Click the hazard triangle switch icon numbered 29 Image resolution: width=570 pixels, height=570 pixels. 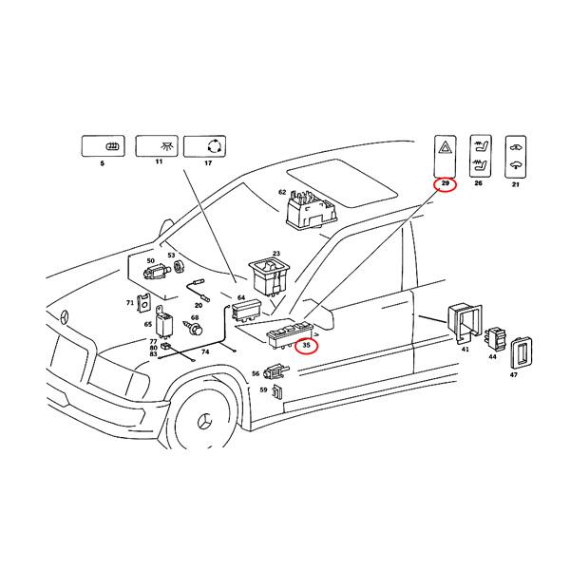pos(446,152)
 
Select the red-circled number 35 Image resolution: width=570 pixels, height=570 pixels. pos(306,346)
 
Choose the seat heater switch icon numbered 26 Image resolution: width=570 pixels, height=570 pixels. pos(480,152)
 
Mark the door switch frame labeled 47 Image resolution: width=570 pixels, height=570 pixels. pos(522,352)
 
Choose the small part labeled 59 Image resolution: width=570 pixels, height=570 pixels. pos(276,390)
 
